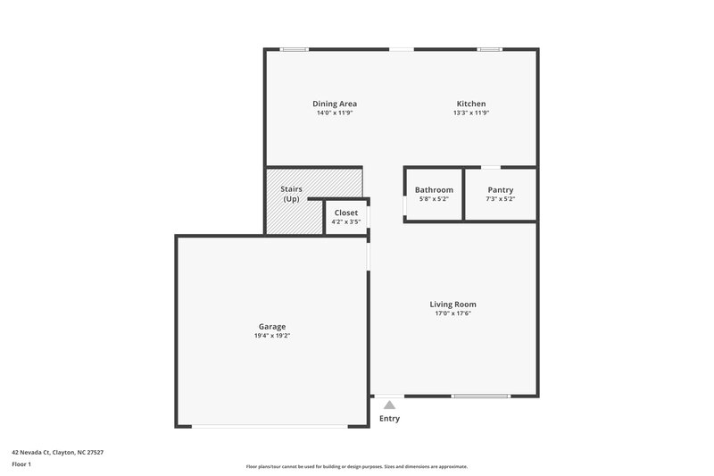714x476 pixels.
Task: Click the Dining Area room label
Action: point(335,104)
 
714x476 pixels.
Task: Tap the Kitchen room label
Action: point(470,104)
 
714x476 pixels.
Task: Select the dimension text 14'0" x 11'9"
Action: point(335,113)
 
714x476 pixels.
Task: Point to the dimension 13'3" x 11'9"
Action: point(470,113)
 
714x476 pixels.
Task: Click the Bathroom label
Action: point(434,189)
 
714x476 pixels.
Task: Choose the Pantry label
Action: point(501,189)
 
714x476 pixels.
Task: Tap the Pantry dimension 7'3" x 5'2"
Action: point(501,198)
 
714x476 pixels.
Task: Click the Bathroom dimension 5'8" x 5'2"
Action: point(434,198)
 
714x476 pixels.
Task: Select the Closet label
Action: point(345,213)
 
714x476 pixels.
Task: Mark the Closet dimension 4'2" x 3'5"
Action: point(345,221)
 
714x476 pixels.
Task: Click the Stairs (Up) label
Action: point(291,194)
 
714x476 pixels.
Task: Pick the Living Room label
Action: point(452,304)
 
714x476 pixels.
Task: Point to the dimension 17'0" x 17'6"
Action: point(452,313)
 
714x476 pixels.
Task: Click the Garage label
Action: point(272,326)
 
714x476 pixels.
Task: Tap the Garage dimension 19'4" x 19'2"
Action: point(272,336)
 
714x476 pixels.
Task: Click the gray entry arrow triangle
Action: point(389,405)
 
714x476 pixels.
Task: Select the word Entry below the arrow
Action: point(389,418)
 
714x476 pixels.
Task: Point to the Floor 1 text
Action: point(21,464)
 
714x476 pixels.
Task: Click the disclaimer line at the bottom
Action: point(356,466)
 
